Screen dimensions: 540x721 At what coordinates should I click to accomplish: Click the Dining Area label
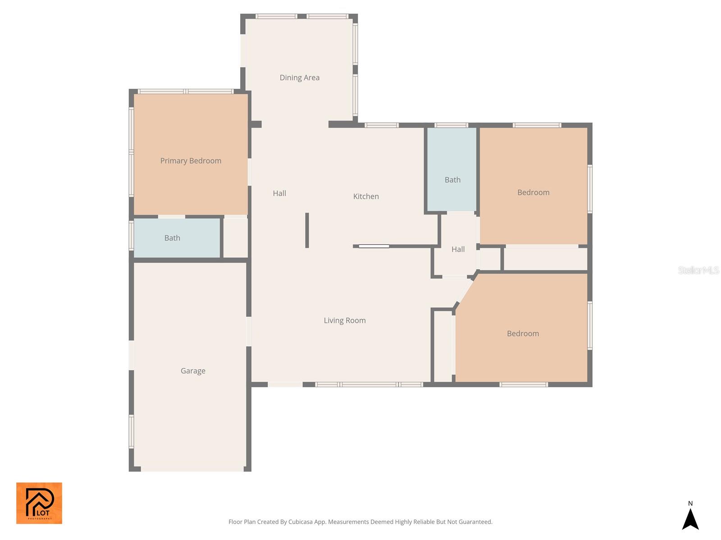click(x=299, y=77)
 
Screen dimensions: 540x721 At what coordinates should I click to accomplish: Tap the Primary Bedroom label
click(x=191, y=161)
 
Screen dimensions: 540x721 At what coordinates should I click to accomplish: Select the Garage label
click(x=193, y=371)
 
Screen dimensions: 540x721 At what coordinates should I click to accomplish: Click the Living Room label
click(x=345, y=320)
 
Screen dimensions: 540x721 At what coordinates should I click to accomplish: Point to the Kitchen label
click(x=366, y=196)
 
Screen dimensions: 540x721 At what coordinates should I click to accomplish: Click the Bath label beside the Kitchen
click(x=452, y=180)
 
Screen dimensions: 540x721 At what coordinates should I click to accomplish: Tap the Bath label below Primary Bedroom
click(x=172, y=238)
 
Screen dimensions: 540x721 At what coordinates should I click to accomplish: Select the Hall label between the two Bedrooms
click(x=458, y=249)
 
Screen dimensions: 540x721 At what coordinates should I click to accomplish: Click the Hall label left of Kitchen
click(x=279, y=193)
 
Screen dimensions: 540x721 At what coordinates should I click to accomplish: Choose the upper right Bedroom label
click(x=533, y=193)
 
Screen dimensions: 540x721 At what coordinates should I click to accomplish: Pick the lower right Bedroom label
click(x=523, y=333)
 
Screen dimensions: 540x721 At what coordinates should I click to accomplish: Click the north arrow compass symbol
click(x=690, y=519)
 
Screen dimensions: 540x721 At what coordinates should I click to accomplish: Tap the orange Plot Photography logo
click(x=39, y=503)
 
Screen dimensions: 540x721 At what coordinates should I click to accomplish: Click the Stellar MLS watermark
click(x=698, y=270)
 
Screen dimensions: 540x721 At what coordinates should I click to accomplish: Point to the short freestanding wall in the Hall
click(x=307, y=230)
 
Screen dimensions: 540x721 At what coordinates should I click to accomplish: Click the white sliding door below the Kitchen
click(x=374, y=246)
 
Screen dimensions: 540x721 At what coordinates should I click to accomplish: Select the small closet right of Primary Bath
click(x=236, y=238)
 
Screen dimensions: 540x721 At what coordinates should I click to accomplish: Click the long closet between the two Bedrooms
click(x=545, y=260)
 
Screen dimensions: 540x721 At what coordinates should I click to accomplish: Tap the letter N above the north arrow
click(x=690, y=504)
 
